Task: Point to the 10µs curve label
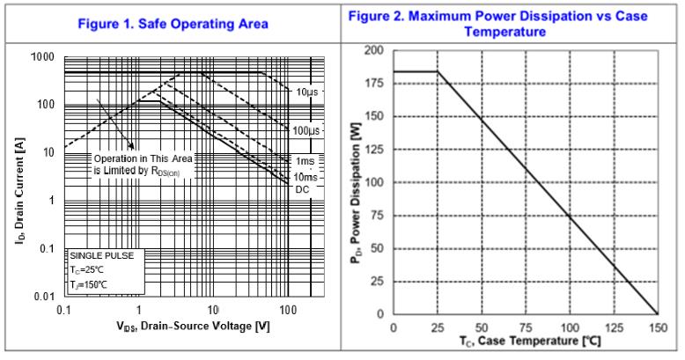tap(306, 92)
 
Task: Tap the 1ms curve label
tap(305, 162)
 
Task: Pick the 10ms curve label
tap(305, 177)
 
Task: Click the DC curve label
tap(302, 189)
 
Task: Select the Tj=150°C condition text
tap(88, 284)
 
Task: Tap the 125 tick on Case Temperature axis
tap(614, 328)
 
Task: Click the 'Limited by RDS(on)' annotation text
tap(142, 170)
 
